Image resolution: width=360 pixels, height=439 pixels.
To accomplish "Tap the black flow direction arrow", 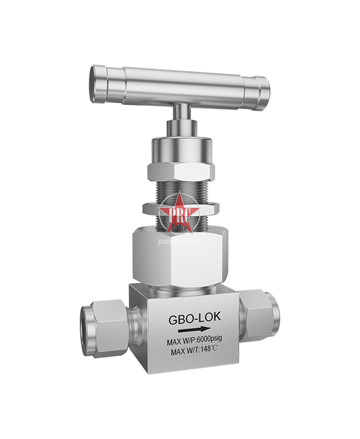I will (x=193, y=329).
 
